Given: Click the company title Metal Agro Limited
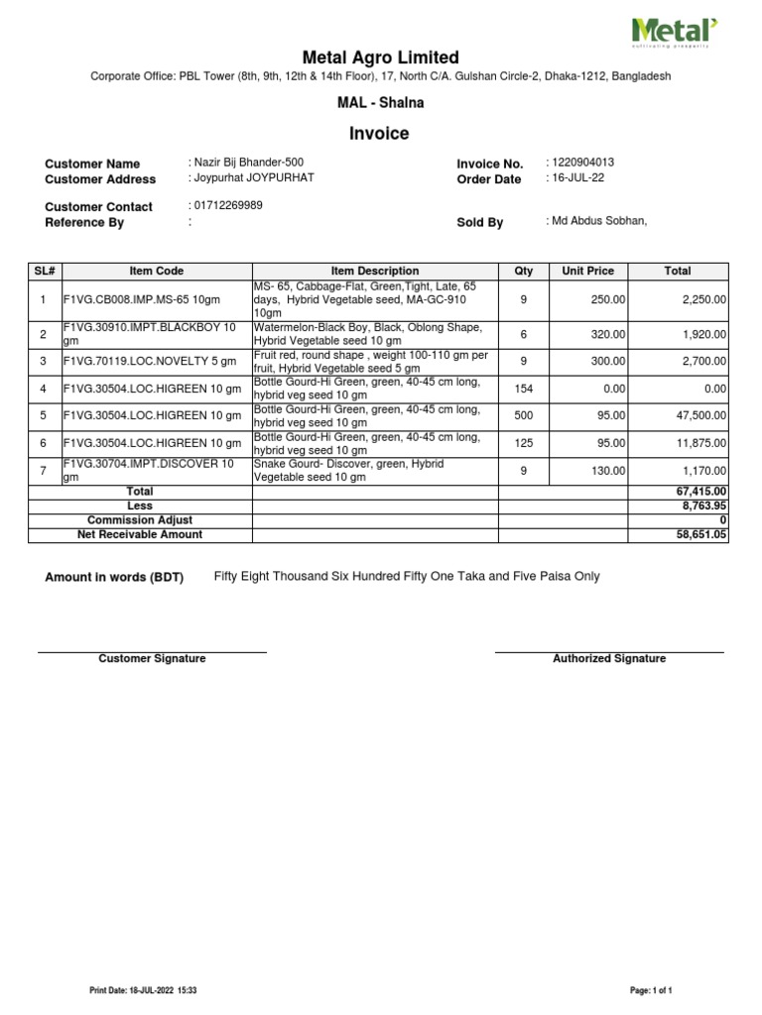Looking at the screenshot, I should coord(380,57).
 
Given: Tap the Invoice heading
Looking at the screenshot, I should coord(380,134).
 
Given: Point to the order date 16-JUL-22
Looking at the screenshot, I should coord(576,178).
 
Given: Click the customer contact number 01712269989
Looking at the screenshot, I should coord(227,205).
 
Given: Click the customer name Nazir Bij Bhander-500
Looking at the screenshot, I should coord(247,163).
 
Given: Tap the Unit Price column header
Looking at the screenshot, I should coord(587,271).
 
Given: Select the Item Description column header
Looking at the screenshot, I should coord(375,271).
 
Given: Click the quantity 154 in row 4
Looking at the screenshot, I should coord(524,390).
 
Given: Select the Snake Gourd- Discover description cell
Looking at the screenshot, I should coord(374,471).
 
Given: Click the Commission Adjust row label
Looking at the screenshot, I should coord(140,519).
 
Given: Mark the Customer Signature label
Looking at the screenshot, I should coord(152,659).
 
